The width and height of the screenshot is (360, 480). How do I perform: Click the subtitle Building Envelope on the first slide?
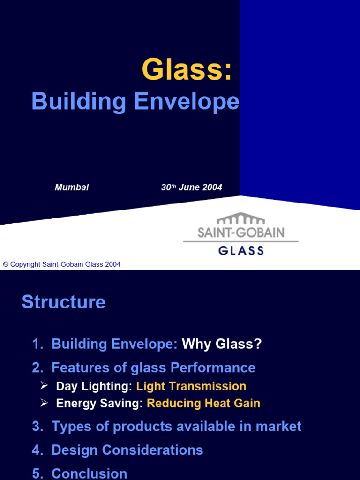point(135,102)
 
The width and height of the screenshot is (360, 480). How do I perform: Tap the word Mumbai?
point(72,187)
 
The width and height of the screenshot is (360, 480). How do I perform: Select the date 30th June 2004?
point(191,187)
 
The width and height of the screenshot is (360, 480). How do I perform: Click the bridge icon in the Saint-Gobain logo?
point(240,219)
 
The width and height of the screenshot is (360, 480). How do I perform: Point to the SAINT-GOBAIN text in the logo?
point(240,232)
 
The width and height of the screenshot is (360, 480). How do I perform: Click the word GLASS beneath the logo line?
point(241,250)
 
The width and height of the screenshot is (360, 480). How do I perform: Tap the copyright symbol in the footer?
point(6,264)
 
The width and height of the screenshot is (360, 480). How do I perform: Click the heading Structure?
point(63,302)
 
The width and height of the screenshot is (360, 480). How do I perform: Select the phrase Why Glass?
point(222,344)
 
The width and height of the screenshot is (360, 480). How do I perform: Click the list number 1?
point(37,344)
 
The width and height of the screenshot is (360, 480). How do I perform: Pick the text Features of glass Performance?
point(153,367)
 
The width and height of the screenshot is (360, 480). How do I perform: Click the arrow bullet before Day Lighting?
point(44,386)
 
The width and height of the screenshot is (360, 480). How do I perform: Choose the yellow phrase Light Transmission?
point(191,386)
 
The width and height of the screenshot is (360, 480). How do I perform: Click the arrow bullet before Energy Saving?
point(44,403)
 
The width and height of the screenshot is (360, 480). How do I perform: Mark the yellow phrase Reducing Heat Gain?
point(203,403)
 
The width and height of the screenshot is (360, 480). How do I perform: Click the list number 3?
point(37,427)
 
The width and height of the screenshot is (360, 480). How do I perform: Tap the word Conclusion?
point(89,473)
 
